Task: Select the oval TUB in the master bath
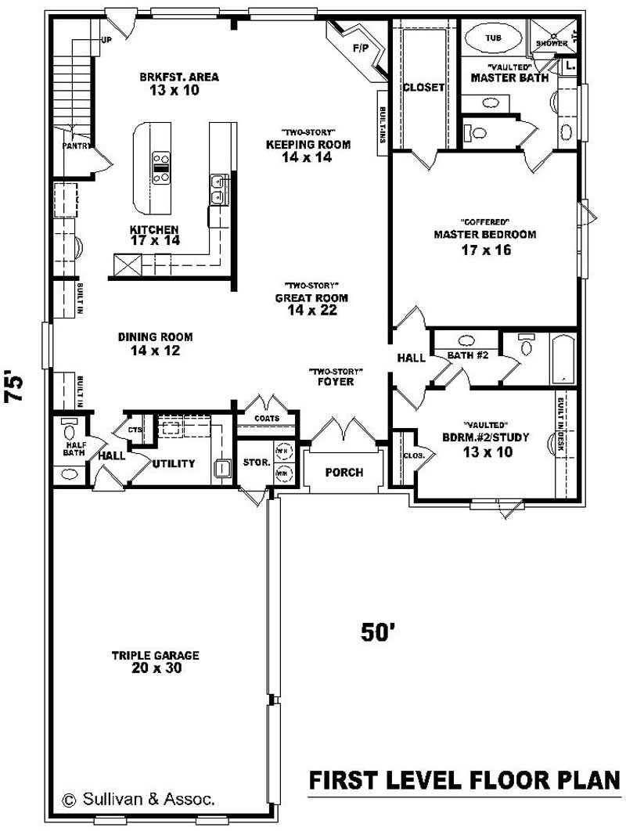pos(494,38)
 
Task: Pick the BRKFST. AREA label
pos(179,77)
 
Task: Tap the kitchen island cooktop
pos(162,167)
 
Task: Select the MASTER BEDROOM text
pos(485,235)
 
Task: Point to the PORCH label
pos(344,473)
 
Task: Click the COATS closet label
pos(267,419)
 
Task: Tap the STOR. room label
pos(256,462)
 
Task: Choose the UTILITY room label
pos(174,463)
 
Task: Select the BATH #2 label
pos(467,356)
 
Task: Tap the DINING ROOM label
pos(155,337)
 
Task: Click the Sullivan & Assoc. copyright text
pos(138,799)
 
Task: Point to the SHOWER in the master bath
pos(551,43)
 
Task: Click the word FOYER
pos(336,382)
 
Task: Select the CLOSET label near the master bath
pos(423,88)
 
